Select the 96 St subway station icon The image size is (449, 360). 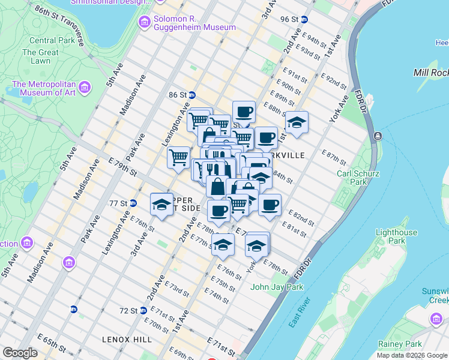coord(304,19)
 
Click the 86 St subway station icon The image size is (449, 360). coord(191,95)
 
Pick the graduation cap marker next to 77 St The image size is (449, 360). coord(161,205)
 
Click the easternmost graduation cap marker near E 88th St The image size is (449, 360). coord(297,123)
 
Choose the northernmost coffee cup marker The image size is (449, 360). coord(244,112)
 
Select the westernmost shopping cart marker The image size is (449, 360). coord(178,158)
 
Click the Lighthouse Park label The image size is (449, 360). coord(394,236)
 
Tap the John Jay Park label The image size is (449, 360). coord(277,287)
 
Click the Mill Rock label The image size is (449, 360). coord(430,73)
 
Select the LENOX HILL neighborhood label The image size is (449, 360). coord(127,340)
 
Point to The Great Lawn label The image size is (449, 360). coord(40,56)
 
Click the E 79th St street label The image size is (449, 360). coord(123,165)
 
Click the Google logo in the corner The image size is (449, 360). coord(19,353)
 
